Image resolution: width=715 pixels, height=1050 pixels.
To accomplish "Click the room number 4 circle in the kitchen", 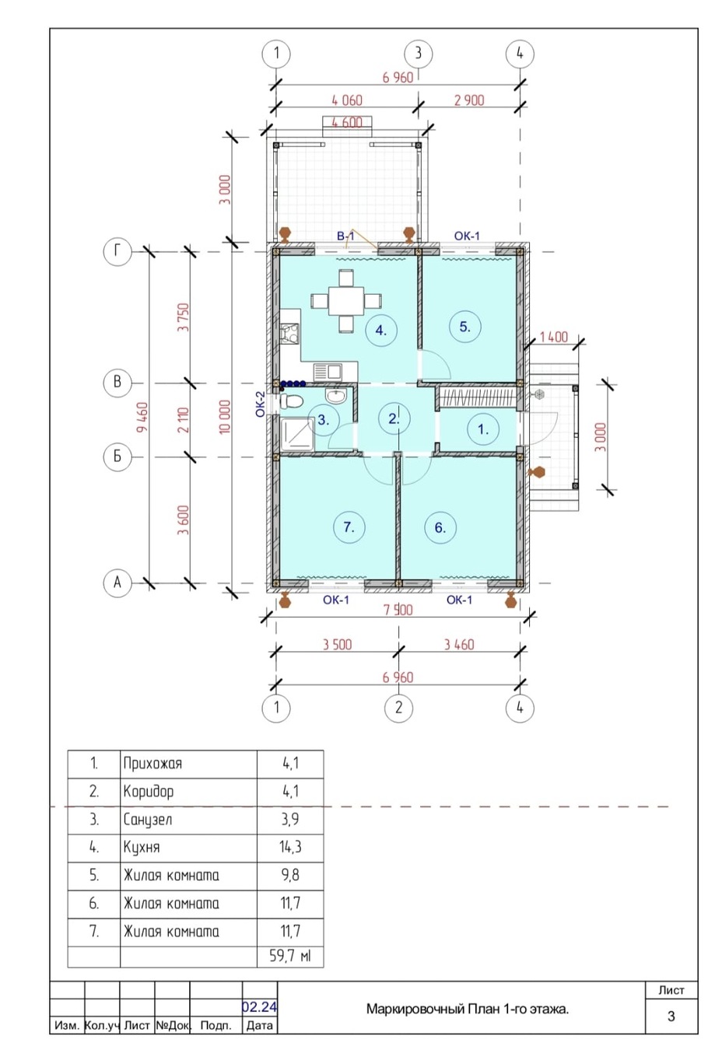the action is (381, 331).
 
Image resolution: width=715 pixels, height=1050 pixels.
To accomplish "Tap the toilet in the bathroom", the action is (291, 401).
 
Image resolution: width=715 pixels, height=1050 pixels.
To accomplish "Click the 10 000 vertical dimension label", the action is (225, 416).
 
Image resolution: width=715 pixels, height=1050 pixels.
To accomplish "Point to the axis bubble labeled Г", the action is (117, 252).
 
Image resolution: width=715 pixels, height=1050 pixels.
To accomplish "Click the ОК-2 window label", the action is (260, 404).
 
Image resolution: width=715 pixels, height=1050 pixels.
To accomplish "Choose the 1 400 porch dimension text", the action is (553, 337).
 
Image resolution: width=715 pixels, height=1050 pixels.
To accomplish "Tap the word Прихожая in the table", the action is (152, 764).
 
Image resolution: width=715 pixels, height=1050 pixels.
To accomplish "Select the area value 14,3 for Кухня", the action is (290, 846).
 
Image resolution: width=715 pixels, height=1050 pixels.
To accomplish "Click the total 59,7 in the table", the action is (284, 955).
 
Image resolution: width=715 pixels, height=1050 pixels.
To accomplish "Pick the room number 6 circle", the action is (440, 527).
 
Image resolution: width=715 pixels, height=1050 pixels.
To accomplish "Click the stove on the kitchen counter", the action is (289, 334).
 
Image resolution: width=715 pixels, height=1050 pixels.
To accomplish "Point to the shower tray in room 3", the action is (296, 435).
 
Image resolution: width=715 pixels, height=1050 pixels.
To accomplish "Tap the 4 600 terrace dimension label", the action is (347, 122).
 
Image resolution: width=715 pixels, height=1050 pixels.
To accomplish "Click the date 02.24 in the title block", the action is (260, 1006).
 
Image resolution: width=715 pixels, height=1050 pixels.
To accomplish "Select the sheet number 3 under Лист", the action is (671, 1017).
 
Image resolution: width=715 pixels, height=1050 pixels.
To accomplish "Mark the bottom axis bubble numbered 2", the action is (398, 707).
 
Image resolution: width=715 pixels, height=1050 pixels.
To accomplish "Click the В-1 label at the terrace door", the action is (345, 236).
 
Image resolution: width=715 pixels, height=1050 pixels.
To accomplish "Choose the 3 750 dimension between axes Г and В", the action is (184, 317).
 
